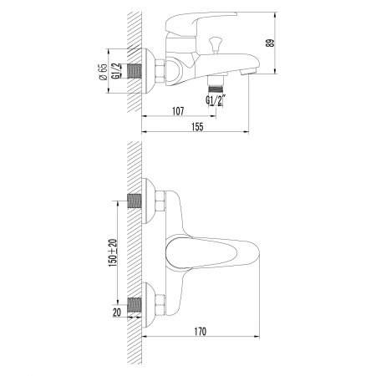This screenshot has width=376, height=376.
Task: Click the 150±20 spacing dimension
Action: click(x=112, y=252)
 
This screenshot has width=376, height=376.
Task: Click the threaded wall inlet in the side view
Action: click(x=135, y=72)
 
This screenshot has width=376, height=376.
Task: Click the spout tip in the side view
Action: click(x=248, y=75)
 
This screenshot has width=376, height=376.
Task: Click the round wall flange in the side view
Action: click(x=151, y=72)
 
